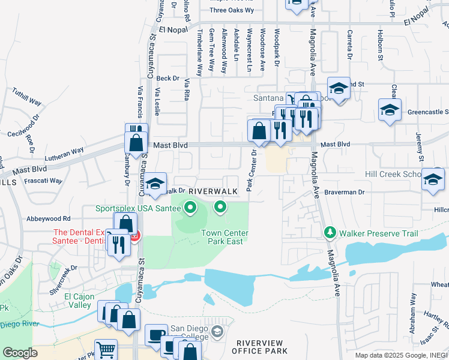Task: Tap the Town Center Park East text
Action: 224,237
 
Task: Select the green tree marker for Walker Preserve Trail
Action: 329,232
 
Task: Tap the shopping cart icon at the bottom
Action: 106,349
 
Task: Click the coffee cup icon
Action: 156,334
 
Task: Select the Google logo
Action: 20,353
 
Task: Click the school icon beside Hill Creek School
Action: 432,179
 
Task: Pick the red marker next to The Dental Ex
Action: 136,235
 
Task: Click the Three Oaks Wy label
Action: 232,10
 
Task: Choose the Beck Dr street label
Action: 167,78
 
